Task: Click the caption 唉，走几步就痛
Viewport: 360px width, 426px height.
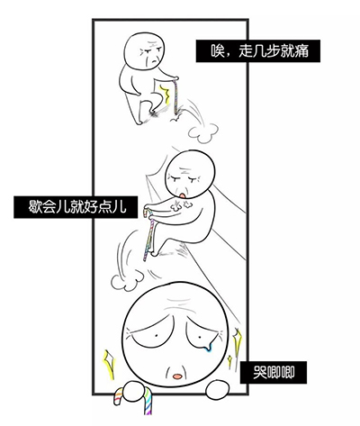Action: point(259,51)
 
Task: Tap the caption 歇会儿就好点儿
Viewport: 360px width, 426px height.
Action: point(77,207)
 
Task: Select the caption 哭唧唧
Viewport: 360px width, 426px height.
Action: point(274,373)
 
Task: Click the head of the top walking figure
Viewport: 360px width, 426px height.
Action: point(145,50)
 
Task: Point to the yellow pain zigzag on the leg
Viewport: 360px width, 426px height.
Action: point(165,94)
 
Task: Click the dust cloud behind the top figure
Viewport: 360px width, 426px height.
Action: point(202,132)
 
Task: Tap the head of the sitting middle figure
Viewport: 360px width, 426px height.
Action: point(191,174)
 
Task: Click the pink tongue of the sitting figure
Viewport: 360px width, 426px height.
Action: point(183,195)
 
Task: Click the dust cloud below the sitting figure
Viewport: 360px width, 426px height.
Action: point(128,280)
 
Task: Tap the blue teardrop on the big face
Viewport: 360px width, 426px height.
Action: point(207,347)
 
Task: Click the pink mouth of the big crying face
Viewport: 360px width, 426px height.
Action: point(177,376)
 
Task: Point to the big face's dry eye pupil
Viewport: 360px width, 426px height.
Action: point(157,335)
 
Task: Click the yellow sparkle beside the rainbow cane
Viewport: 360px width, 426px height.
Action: point(109,363)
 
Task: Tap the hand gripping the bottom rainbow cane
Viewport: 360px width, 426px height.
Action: point(137,392)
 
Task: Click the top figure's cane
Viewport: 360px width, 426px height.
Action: point(175,95)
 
